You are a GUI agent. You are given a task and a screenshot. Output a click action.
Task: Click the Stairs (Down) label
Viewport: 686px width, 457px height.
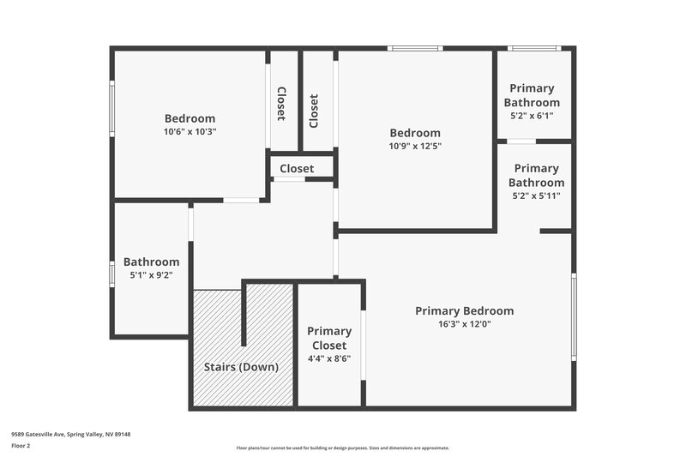point(241,367)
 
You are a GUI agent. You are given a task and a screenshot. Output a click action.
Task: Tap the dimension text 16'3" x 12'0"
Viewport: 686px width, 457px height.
point(465,324)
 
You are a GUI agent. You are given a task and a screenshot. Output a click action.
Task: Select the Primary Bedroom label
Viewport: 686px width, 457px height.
point(465,310)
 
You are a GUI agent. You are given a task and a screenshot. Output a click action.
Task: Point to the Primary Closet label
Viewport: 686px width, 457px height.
point(329,338)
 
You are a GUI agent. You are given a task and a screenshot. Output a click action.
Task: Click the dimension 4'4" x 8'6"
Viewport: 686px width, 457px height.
point(329,359)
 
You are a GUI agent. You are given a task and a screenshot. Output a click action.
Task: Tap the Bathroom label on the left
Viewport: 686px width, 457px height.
point(152,262)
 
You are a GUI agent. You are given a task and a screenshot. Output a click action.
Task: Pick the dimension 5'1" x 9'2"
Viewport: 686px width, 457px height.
point(152,275)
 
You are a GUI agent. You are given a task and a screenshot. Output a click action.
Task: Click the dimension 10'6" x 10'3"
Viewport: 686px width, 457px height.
point(190,132)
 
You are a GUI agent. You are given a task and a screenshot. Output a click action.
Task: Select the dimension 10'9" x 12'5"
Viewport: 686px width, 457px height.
point(415,146)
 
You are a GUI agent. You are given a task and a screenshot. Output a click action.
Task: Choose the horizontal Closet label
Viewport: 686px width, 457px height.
point(297,169)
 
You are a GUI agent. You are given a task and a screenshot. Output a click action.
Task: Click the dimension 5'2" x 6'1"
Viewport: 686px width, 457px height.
point(532,116)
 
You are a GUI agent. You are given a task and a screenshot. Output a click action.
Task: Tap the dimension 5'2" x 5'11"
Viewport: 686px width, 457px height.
point(537,195)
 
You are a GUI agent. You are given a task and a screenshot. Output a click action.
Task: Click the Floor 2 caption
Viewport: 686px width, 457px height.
point(21,446)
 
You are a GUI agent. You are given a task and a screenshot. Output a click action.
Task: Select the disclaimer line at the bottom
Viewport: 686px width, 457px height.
point(343,448)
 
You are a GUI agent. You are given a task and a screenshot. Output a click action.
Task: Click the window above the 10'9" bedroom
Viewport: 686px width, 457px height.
point(415,48)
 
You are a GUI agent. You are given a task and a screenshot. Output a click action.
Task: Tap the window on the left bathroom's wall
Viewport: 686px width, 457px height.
point(111,273)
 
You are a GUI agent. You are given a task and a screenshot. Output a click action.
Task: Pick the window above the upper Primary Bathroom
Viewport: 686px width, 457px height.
point(534,48)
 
